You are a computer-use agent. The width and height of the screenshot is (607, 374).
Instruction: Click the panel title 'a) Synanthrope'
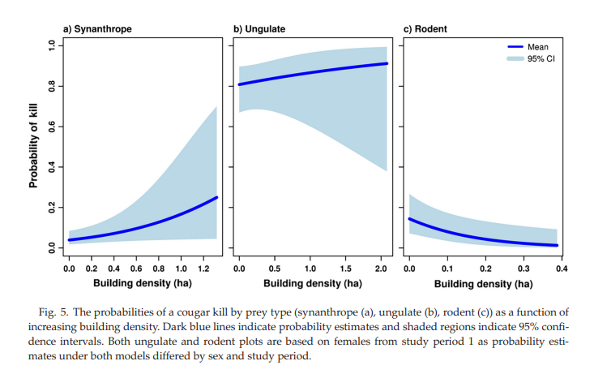(97, 29)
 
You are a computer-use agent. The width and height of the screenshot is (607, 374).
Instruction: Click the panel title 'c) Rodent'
(425, 29)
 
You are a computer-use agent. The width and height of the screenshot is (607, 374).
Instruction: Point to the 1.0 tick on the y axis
(50, 46)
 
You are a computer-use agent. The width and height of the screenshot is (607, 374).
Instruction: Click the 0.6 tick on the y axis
(50, 127)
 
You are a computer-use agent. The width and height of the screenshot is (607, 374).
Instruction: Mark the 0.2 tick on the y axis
(50, 208)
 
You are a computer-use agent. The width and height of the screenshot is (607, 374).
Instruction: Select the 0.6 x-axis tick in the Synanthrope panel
(136, 268)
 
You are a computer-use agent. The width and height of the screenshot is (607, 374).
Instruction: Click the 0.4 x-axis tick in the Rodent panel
(561, 268)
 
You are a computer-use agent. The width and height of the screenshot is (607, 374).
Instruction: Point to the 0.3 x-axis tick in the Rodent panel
(523, 268)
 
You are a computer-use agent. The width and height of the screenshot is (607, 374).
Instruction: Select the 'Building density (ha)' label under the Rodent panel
(483, 284)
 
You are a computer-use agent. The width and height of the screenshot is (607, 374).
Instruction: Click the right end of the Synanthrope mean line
(217, 197)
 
